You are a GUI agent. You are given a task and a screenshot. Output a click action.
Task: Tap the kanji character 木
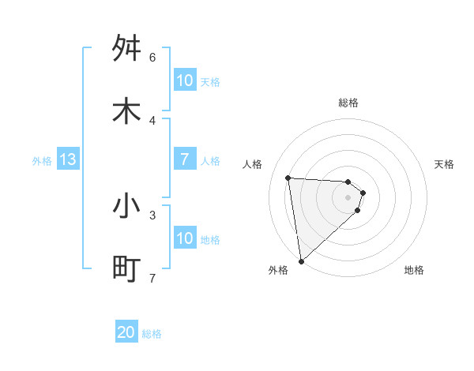pyautogui.click(x=126, y=111)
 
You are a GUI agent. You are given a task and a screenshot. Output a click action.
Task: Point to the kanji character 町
pyautogui.click(x=126, y=268)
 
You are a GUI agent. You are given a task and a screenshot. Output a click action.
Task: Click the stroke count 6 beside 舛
pyautogui.click(x=152, y=58)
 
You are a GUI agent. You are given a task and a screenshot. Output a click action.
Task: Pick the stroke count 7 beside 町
pyautogui.click(x=152, y=278)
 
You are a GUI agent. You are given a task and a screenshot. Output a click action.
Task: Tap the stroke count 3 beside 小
pyautogui.click(x=152, y=215)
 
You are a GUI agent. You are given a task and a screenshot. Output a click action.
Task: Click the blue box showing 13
pyautogui.click(x=68, y=160)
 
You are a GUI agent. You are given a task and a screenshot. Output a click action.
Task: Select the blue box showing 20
pyautogui.click(x=126, y=333)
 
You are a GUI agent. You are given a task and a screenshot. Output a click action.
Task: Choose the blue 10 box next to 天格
pyautogui.click(x=185, y=81)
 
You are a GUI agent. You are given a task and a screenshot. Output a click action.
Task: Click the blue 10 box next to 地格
pyautogui.click(x=185, y=238)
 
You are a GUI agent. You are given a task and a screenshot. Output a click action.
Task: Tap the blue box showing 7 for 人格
pyautogui.click(x=185, y=159)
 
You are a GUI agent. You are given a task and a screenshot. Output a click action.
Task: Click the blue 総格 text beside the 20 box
pyautogui.click(x=152, y=334)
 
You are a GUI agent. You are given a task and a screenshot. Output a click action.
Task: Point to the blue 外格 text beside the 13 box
pyautogui.click(x=42, y=161)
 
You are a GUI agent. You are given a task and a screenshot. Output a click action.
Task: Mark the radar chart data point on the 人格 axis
pyautogui.click(x=288, y=178)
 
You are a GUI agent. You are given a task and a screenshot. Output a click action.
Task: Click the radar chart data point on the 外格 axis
pyautogui.click(x=301, y=260)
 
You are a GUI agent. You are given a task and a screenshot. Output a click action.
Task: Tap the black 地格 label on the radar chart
pyautogui.click(x=414, y=270)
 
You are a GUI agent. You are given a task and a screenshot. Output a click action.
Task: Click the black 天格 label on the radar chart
pyautogui.click(x=445, y=164)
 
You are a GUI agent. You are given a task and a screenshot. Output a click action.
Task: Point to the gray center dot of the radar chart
pyautogui.click(x=348, y=197)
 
